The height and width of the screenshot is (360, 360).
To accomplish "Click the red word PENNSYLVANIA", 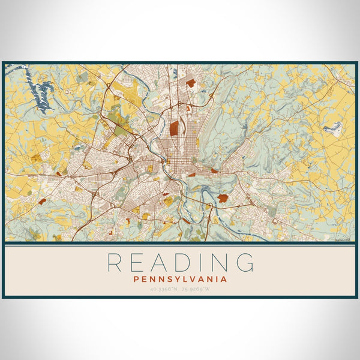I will [180, 279].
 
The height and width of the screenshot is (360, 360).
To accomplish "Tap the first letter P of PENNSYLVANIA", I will [137, 279].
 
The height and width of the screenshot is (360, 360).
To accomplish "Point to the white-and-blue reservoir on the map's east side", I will [334, 127].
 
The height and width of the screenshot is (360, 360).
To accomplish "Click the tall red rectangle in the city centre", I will [174, 127].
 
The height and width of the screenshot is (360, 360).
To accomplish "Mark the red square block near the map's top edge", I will [190, 83].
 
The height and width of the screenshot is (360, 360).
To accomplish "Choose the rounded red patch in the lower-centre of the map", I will [223, 197].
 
